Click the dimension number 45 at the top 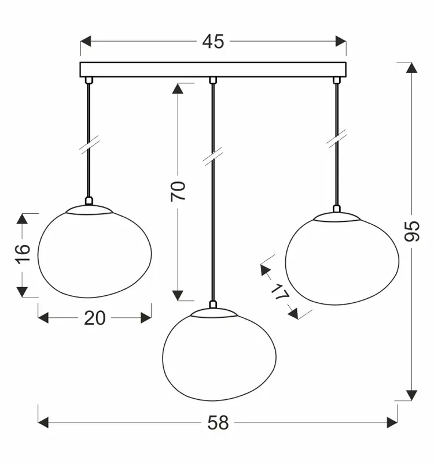point(213,42)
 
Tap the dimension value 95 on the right point(411,231)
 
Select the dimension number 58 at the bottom point(218,423)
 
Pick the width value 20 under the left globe point(95,318)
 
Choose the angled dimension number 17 point(279,293)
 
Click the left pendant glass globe point(94,251)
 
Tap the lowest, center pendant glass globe point(219,355)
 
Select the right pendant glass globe point(342,259)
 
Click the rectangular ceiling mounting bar point(212,69)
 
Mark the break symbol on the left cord point(89,144)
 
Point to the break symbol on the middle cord point(213,157)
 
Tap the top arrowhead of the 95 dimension point(411,67)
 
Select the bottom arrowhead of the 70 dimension point(178,295)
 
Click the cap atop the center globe point(214,313)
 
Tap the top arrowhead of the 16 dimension point(21,218)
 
